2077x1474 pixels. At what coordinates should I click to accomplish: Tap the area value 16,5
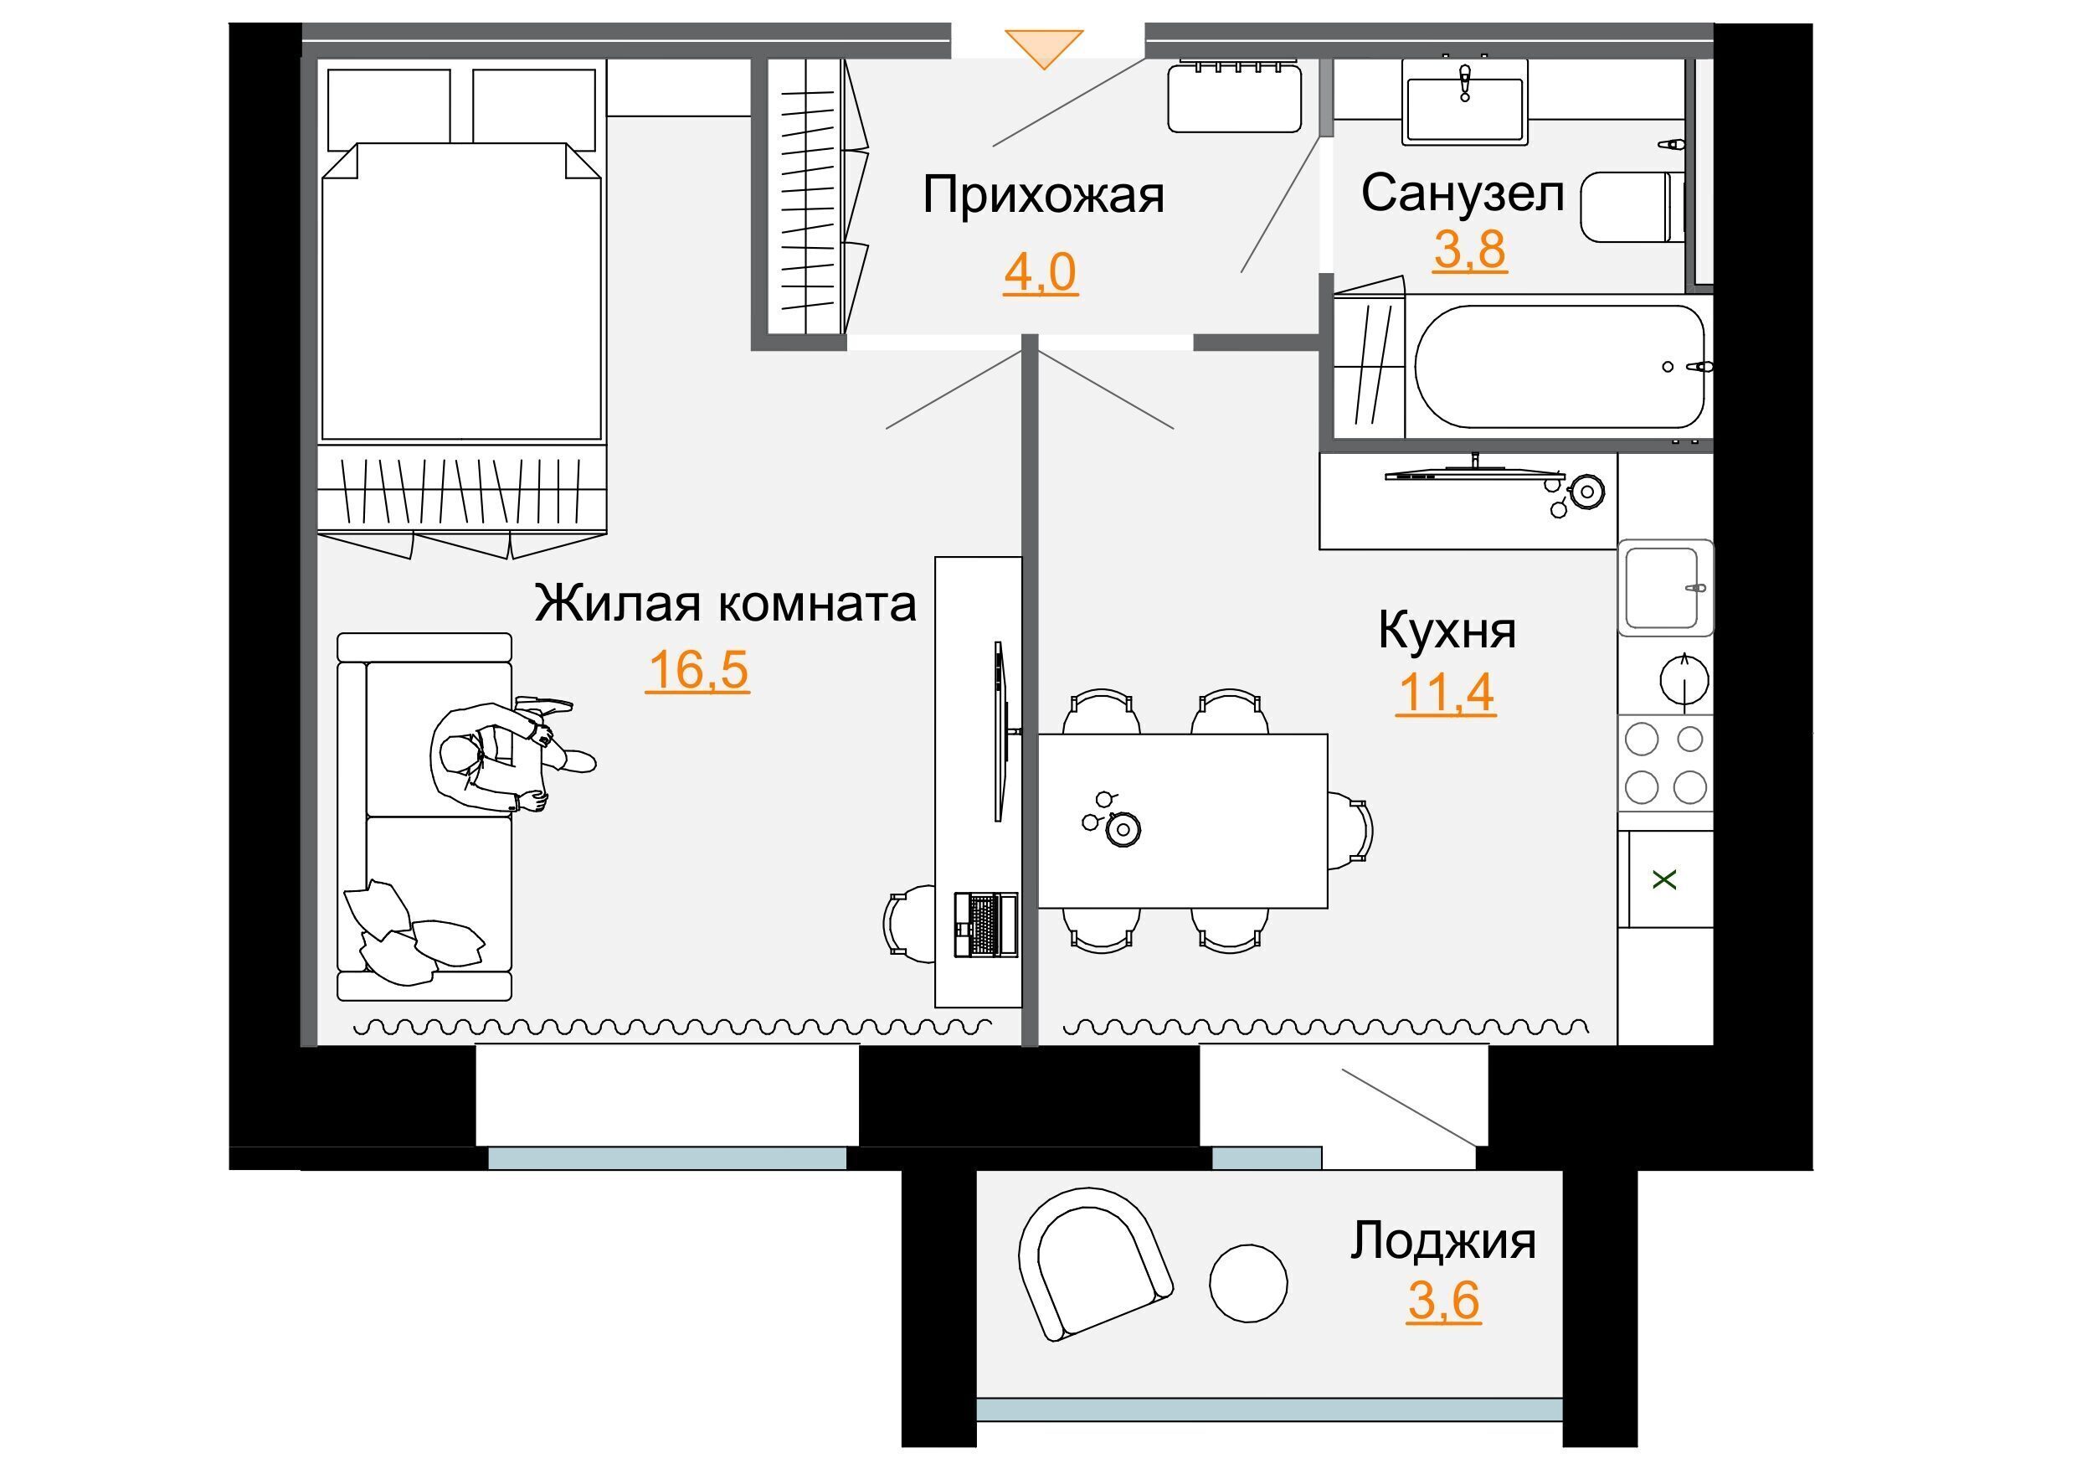click(x=698, y=670)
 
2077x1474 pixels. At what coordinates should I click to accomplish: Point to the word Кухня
click(x=1447, y=630)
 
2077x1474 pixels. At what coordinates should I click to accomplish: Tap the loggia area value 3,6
click(x=1443, y=1301)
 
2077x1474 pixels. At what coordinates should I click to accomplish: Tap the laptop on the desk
click(x=985, y=924)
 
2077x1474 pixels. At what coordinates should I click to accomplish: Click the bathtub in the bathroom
click(x=1560, y=367)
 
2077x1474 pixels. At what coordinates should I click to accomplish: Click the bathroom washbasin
click(x=1464, y=101)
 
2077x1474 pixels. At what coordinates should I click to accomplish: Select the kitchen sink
click(x=1665, y=587)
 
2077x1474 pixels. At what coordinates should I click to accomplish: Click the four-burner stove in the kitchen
click(x=1665, y=762)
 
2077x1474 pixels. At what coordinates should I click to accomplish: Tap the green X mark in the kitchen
click(x=1664, y=879)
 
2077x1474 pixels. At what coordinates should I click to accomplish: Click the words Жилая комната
click(x=725, y=604)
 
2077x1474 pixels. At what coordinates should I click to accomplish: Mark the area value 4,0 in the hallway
click(x=1040, y=272)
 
